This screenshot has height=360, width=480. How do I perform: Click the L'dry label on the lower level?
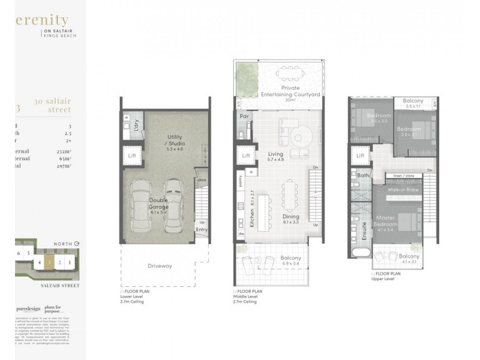(136, 128)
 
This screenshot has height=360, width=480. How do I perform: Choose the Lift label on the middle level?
(245, 156)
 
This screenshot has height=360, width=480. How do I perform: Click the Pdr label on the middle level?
(244, 116)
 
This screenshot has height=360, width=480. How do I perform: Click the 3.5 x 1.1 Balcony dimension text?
(413, 106)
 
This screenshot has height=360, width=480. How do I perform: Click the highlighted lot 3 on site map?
(49, 262)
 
